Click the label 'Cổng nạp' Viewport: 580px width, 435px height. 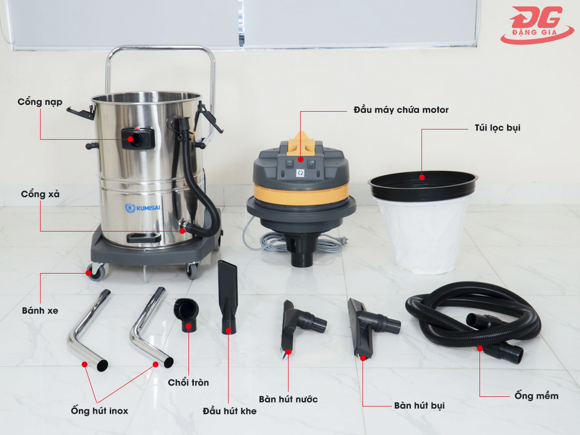(40, 102)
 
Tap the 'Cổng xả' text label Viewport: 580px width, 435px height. (40, 194)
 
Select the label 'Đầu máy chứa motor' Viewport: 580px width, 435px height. (401, 110)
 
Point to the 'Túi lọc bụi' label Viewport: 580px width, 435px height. (497, 128)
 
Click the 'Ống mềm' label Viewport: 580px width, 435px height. (536, 396)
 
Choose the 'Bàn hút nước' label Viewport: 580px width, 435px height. (288, 399)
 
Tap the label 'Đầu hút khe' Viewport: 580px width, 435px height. (230, 411)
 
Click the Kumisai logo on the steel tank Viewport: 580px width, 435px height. (143, 207)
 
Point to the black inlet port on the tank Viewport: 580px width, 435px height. (138, 138)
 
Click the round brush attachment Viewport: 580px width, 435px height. (187, 314)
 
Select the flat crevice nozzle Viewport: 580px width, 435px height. (228, 297)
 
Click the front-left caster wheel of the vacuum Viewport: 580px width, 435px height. (97, 272)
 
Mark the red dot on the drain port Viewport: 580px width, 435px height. (182, 231)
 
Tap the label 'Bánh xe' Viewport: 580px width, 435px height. (40, 311)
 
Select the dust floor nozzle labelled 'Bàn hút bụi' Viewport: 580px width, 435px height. (372, 327)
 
